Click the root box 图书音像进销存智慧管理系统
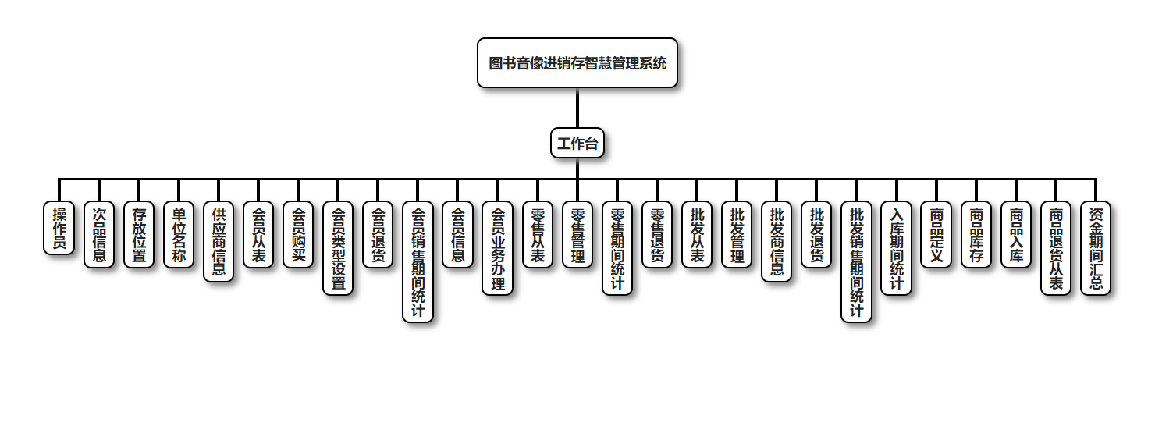tap(577, 63)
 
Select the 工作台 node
tap(577, 143)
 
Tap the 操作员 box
tap(59, 228)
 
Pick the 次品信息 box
tap(98, 234)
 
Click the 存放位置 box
tap(139, 234)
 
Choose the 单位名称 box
tap(179, 234)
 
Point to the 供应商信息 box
tap(219, 241)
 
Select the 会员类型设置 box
tap(338, 248)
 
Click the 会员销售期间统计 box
tap(418, 261)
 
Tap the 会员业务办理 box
tap(497, 248)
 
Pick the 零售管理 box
tap(577, 234)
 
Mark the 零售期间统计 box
tap(617, 248)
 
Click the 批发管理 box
tap(737, 234)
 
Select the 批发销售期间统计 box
tap(856, 261)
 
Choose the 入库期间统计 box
tap(896, 248)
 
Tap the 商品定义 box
tap(936, 234)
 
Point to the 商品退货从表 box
tap(1056, 248)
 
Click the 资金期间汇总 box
tap(1096, 248)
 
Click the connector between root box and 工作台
tap(577, 108)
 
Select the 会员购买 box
tap(298, 234)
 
